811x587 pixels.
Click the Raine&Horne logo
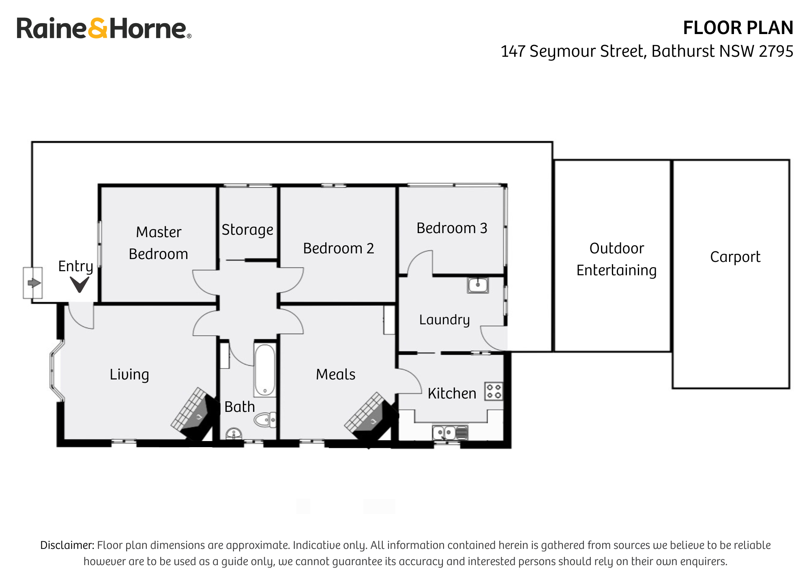[x=103, y=28]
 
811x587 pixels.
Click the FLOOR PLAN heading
[x=738, y=28]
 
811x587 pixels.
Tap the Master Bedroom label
[x=159, y=243]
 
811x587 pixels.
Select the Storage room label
[x=247, y=229]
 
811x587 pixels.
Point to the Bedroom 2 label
[x=338, y=248]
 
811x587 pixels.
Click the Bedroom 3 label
[x=452, y=228]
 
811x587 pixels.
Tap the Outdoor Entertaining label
[x=616, y=259]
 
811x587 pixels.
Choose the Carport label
[x=735, y=257]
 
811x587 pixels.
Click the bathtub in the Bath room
[x=265, y=370]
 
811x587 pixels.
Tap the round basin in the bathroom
[x=234, y=434]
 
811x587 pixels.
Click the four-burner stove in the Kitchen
[x=494, y=391]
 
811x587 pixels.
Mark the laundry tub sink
[x=478, y=285]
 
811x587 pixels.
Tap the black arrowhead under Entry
[x=79, y=284]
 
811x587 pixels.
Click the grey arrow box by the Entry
[x=33, y=283]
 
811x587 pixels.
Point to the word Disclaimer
[x=67, y=545]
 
